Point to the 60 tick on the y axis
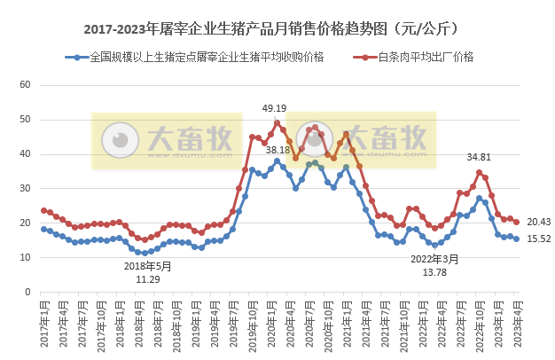coord(25,84)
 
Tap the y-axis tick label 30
coord(25,188)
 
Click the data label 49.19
coord(274,108)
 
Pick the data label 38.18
coord(277,150)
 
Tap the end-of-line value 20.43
coord(539,222)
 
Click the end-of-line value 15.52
coord(539,239)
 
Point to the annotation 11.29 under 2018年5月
coord(147,278)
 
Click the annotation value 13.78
coord(434,272)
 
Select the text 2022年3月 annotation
coord(434,259)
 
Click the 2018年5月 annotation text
coord(147,265)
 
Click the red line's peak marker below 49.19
coord(277,122)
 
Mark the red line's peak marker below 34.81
coord(480,172)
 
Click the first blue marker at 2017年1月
coord(43,229)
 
